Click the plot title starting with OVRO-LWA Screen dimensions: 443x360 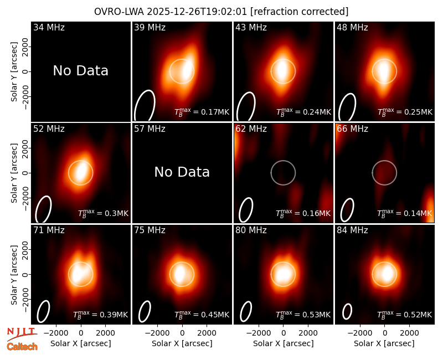pos(221,12)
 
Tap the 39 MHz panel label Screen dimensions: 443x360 pos(150,27)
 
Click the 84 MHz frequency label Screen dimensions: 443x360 pos(352,230)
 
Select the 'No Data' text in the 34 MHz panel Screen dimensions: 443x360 pos(80,71)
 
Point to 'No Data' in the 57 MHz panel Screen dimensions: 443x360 pos(182,172)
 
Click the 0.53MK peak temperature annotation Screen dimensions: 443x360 pos(303,315)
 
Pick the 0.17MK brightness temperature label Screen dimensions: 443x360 pos(202,112)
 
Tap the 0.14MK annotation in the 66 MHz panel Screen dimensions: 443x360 pos(405,213)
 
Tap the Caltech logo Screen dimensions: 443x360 pos(22,347)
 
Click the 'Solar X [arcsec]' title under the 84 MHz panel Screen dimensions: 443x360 pos(384,343)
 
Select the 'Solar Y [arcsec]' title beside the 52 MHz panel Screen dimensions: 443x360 pos(14,173)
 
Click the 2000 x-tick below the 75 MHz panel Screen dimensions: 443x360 pos(207,333)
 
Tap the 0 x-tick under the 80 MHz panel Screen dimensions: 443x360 pos(284,333)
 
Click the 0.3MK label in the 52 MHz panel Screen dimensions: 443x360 pos(103,213)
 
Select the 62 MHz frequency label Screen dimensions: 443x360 pos(251,129)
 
